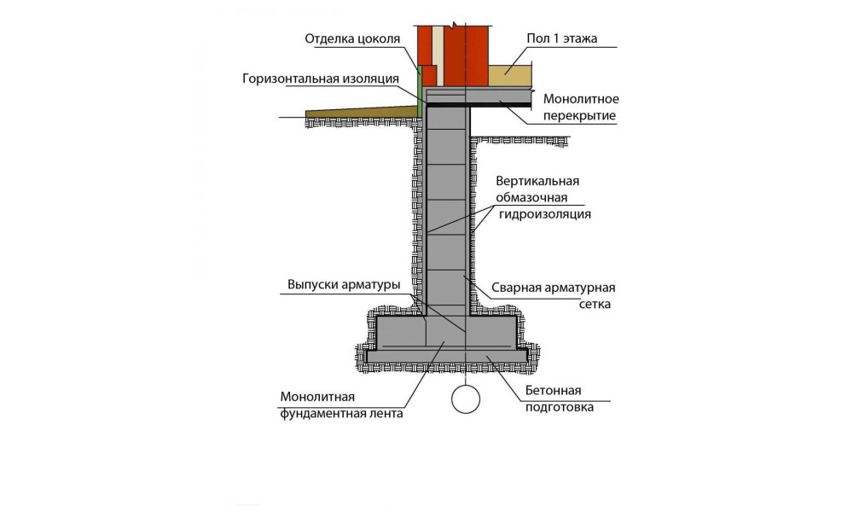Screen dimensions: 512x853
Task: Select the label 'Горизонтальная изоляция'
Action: pos(321,79)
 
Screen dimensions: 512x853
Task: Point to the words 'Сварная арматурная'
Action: pos(554,288)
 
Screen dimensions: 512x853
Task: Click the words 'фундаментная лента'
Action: pos(341,414)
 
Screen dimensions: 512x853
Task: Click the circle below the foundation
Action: pos(467,399)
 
